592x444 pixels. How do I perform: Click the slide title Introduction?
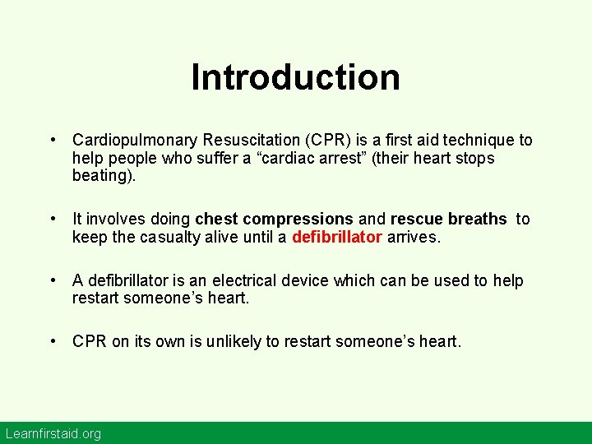coord(296,77)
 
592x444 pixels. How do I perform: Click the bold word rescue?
coord(418,220)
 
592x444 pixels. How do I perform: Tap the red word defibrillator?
coord(337,238)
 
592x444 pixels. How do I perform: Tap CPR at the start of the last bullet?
coord(90,341)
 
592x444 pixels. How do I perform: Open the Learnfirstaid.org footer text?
coord(53,433)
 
